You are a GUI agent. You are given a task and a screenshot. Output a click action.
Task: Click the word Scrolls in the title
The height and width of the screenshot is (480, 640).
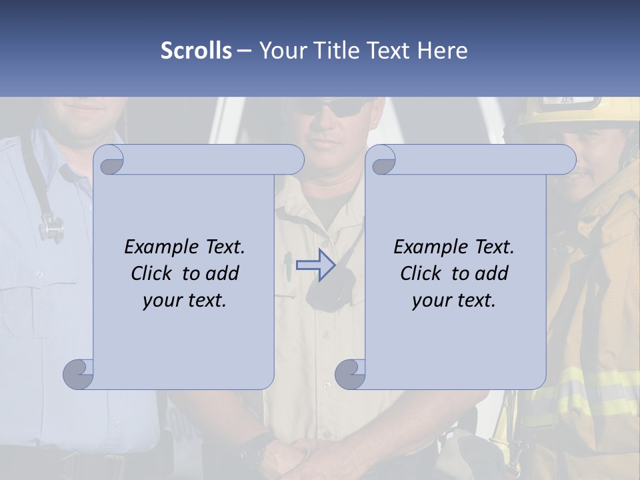[196, 51]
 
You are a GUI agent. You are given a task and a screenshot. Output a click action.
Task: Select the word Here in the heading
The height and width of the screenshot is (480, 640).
[443, 51]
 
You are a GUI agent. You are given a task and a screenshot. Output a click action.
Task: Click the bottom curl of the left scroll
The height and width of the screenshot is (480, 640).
[79, 374]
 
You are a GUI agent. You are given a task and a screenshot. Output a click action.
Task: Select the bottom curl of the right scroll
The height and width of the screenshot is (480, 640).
[350, 374]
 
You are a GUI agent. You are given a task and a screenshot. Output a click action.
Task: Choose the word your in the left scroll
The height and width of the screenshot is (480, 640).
[161, 301]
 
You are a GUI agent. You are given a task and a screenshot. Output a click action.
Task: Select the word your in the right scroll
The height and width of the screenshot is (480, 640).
[430, 301]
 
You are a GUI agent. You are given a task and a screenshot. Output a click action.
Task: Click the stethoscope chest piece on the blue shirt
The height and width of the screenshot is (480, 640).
[51, 229]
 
